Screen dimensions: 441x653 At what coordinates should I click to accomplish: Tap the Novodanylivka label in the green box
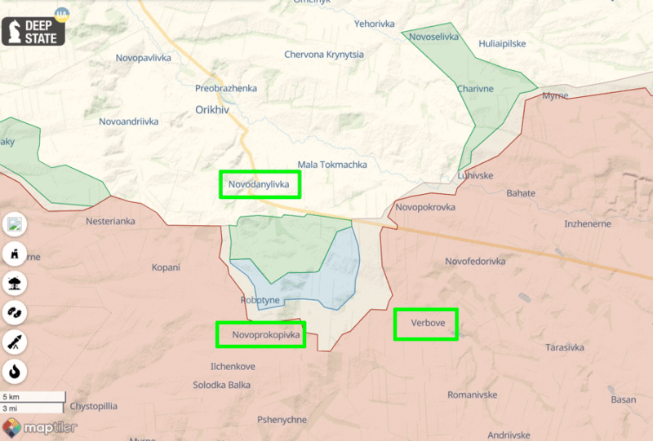259,185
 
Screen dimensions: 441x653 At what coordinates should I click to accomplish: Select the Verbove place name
428,324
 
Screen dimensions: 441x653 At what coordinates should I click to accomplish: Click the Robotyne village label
260,300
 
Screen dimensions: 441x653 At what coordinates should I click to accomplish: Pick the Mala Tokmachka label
332,165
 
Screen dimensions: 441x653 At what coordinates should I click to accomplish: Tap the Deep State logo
34,27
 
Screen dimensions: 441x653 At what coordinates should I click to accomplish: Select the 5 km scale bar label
11,397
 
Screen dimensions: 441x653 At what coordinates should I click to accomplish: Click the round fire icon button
15,372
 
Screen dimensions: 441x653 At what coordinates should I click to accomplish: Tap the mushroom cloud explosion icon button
15,284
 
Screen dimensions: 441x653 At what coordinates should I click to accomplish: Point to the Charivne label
474,88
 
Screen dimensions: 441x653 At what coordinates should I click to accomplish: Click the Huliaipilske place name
503,43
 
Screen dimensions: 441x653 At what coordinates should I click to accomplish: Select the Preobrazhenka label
226,88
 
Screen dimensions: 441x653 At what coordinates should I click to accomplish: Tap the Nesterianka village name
110,221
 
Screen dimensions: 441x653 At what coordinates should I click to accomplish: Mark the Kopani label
166,267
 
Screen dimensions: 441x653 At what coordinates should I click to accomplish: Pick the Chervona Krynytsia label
324,55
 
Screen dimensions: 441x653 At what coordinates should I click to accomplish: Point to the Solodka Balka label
222,385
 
